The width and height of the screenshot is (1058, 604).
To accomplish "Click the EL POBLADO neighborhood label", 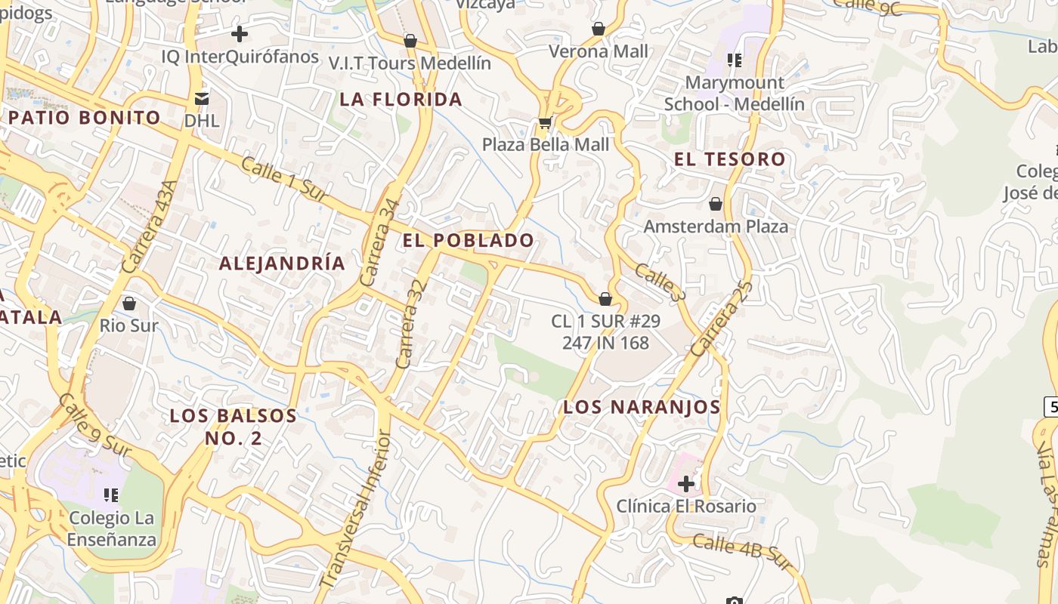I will (x=469, y=241).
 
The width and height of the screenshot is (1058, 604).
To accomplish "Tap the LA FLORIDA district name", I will (x=401, y=100).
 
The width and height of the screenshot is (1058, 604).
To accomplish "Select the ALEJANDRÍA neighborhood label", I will (x=282, y=263).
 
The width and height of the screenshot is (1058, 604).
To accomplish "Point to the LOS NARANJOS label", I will (x=642, y=407).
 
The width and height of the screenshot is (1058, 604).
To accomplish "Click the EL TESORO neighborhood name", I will (x=730, y=159).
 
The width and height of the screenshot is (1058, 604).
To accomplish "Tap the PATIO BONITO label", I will (x=85, y=118).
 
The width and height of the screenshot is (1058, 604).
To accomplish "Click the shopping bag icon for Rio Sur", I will (x=129, y=304).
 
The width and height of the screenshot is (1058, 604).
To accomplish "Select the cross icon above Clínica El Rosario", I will (x=686, y=483).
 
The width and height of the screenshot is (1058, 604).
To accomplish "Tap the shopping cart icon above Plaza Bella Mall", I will (x=545, y=122).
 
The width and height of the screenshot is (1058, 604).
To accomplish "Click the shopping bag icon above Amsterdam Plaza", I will (x=715, y=204).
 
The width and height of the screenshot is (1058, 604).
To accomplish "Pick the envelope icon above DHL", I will (x=202, y=98).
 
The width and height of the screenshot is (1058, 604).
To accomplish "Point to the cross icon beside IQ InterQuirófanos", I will (x=240, y=34).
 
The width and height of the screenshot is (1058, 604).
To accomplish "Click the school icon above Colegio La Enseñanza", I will (x=111, y=495).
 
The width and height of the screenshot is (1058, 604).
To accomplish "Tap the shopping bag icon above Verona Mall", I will (x=598, y=29).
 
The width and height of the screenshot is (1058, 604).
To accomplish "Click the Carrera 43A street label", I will (x=149, y=226).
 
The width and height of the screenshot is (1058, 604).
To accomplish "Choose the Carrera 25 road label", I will (x=721, y=318).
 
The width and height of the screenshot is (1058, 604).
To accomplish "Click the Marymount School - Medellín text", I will (x=734, y=93).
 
